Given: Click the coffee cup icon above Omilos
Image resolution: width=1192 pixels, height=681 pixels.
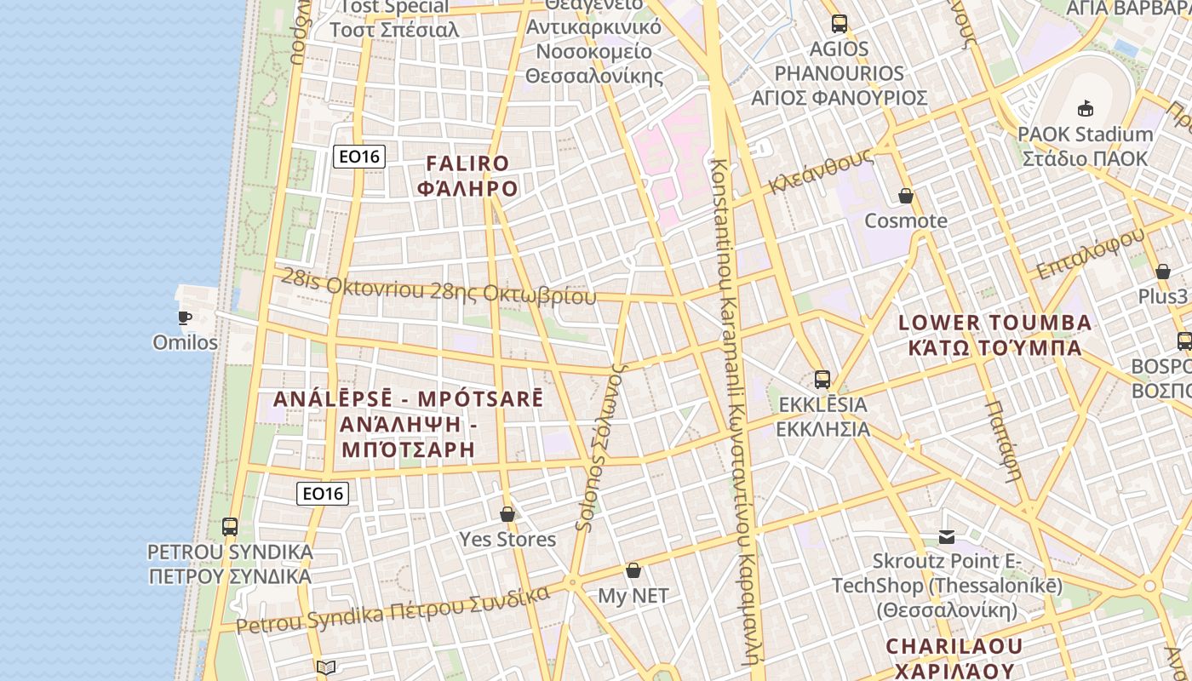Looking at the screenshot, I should (184, 318).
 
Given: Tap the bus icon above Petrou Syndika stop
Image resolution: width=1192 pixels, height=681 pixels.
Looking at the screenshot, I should (230, 526).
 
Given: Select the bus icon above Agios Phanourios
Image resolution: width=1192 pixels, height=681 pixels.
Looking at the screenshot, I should (840, 23).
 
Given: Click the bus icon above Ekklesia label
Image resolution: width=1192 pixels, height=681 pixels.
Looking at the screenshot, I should (822, 380).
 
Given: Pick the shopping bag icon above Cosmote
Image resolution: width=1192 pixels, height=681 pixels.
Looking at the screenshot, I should (906, 196).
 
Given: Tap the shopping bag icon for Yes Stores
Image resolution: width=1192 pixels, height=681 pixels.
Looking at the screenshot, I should (507, 514).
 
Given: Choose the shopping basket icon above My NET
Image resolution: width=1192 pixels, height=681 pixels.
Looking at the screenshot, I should (633, 569).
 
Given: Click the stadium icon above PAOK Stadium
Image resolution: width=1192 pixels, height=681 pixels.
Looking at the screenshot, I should (1086, 108).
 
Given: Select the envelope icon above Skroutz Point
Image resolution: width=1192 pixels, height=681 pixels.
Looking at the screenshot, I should (947, 536).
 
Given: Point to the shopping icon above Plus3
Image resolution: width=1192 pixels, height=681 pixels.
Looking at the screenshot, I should (1162, 272).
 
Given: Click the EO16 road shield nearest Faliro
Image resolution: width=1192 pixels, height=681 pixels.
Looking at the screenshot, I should (359, 156).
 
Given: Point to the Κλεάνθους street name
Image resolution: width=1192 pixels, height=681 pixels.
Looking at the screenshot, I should (821, 171).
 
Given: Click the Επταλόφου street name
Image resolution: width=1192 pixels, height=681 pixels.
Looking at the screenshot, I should (1089, 254).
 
